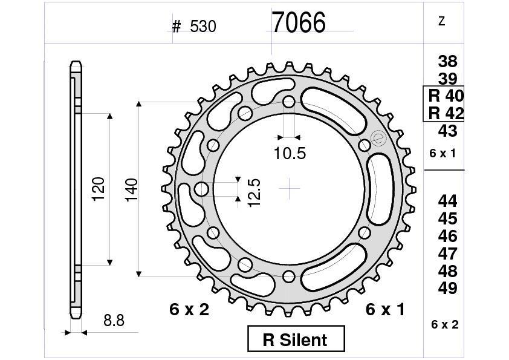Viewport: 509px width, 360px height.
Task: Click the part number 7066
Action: click(x=298, y=23)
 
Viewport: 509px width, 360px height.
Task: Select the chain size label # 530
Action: click(x=193, y=26)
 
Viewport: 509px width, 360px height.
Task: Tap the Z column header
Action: click(x=441, y=22)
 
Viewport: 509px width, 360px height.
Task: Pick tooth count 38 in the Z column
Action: click(x=447, y=61)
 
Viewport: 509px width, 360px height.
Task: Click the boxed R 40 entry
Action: click(x=445, y=96)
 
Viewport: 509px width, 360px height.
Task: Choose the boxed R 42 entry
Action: click(x=445, y=113)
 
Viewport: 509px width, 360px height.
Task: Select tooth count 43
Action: click(x=447, y=131)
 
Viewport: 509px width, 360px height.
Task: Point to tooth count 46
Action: click(x=447, y=236)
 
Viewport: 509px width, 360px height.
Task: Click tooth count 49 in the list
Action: click(x=447, y=288)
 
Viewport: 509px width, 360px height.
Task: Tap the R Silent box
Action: click(x=296, y=339)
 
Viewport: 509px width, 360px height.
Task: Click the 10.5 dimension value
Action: click(x=289, y=154)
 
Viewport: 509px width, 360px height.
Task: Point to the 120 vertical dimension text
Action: click(x=99, y=189)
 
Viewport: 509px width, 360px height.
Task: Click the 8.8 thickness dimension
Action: click(x=114, y=321)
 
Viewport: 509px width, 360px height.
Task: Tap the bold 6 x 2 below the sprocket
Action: click(x=189, y=310)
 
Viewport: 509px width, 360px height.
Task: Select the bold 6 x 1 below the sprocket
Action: click(x=385, y=310)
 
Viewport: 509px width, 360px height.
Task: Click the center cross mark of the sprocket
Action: click(x=290, y=189)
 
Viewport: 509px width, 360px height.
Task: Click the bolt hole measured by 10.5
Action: click(x=289, y=102)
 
